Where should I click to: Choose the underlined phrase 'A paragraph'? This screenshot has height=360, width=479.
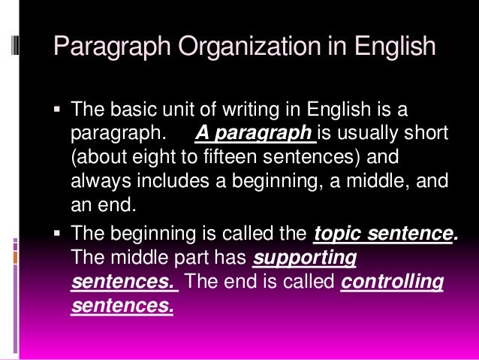[x=255, y=135]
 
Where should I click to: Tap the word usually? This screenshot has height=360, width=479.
[x=363, y=135]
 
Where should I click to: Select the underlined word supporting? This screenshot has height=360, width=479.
[x=305, y=259]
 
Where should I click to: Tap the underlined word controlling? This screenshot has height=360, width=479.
[x=392, y=283]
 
